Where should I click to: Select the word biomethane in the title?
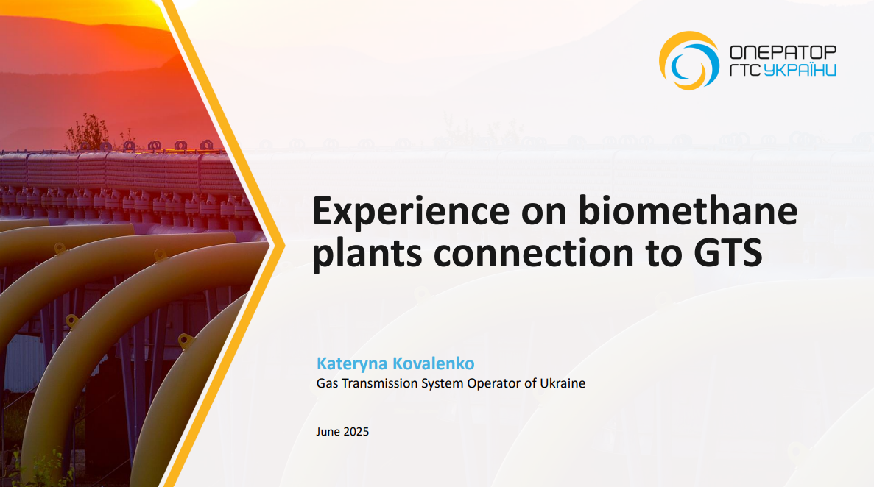point(688,210)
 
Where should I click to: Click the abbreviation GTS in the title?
point(728,253)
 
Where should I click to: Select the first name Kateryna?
point(352,364)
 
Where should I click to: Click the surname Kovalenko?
point(434,363)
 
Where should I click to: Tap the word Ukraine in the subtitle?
point(563,383)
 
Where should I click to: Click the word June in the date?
point(328,432)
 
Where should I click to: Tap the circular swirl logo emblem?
point(689,60)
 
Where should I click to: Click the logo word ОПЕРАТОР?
point(783,52)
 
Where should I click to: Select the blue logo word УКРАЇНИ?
point(800,69)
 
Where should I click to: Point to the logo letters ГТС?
point(744,70)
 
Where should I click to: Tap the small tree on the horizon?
point(88,132)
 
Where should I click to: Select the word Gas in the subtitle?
point(327,383)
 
